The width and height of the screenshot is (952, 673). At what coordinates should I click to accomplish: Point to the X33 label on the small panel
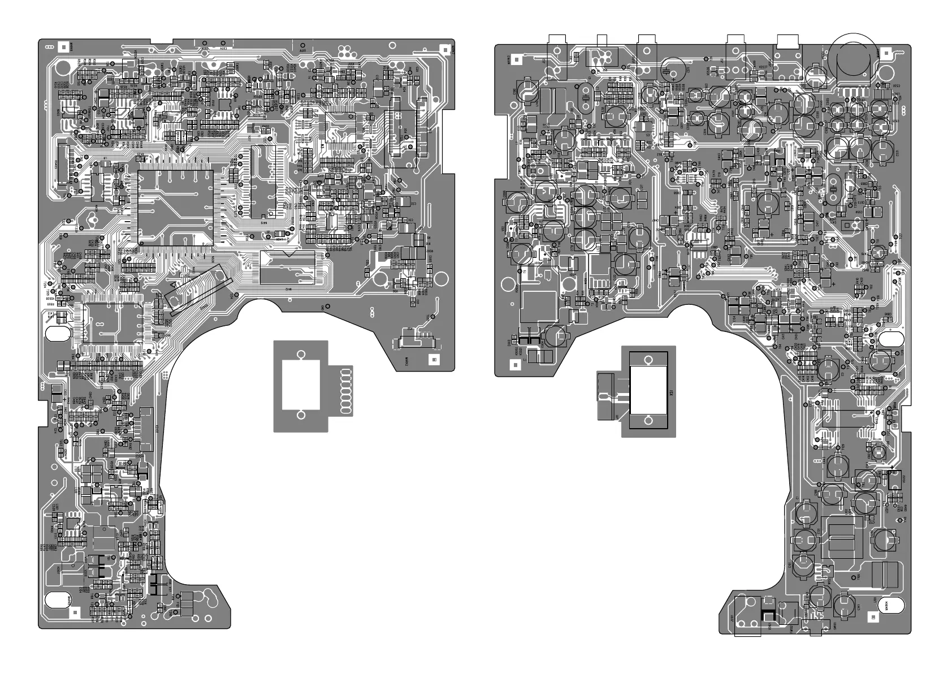tap(671, 393)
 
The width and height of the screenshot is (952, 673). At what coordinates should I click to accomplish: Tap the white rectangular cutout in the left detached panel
tap(301, 386)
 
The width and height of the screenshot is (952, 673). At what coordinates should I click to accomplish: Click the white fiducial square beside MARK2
tap(434, 359)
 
